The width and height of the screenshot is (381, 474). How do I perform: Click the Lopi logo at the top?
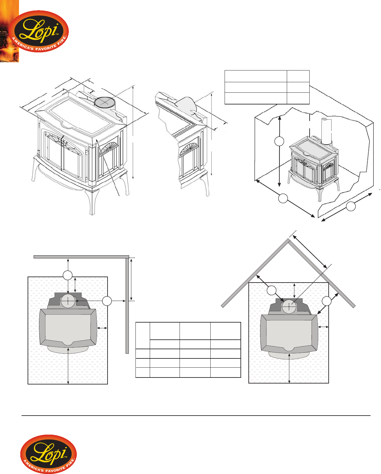point(39,31)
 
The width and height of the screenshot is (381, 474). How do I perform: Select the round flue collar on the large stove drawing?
point(105,102)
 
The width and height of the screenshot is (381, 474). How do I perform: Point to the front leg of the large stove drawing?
point(92,202)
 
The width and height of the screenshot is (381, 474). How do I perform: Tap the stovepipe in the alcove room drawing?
point(326,131)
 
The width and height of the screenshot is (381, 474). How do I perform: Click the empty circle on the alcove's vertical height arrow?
point(279,141)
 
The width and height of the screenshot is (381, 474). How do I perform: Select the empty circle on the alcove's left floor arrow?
point(283,198)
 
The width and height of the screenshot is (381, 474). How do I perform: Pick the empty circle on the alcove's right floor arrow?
point(351,206)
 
